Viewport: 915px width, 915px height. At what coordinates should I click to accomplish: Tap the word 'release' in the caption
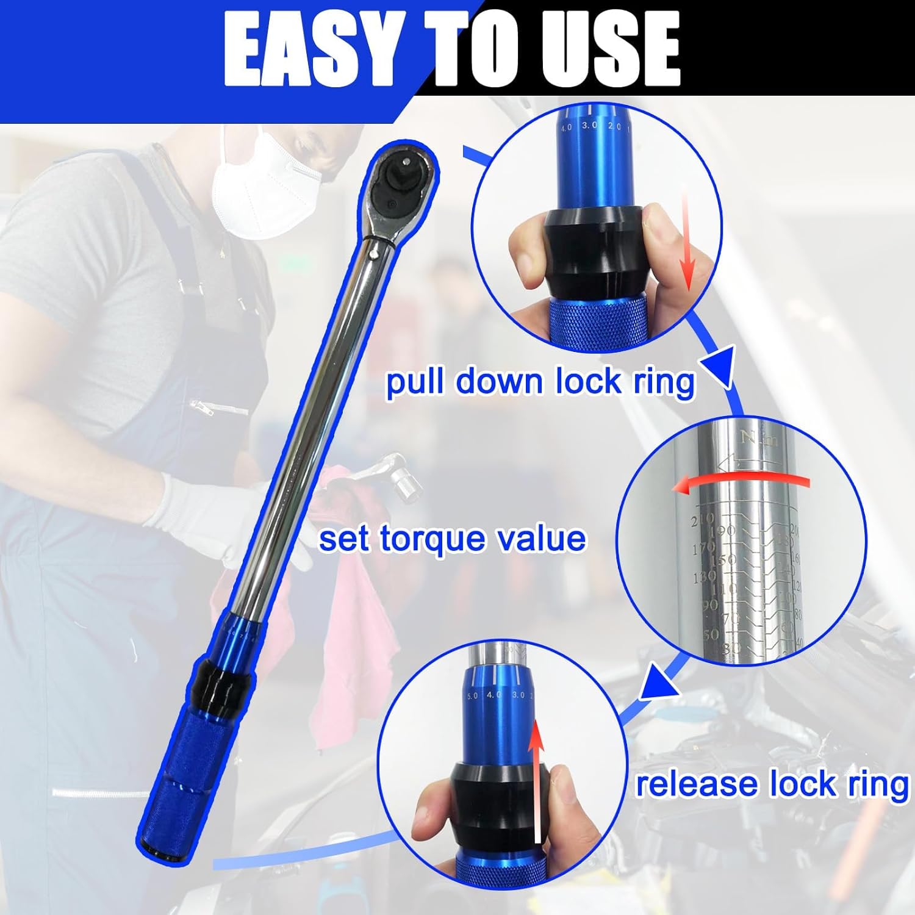(x=695, y=784)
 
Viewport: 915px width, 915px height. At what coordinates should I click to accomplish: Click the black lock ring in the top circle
(x=595, y=250)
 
